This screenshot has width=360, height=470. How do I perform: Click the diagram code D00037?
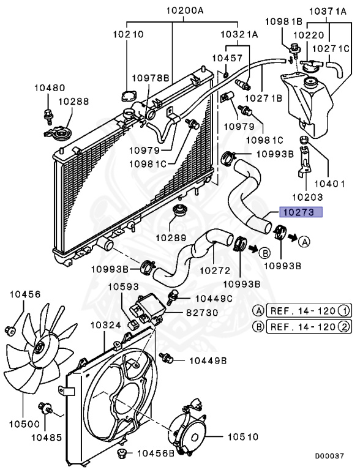[x=329, y=457]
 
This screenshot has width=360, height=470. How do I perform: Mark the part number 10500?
[x=24, y=423]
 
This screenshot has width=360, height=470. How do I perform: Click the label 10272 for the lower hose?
[x=216, y=269]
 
